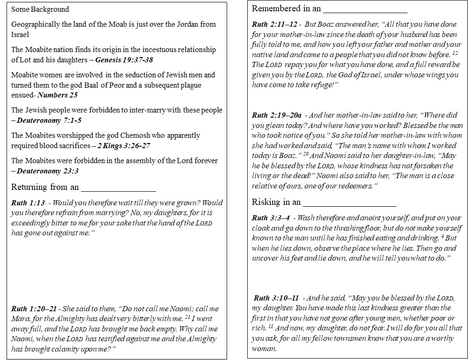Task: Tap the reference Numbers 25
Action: [x=57, y=95]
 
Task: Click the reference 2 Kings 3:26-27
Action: [x=124, y=146]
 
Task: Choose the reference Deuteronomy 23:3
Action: [x=45, y=171]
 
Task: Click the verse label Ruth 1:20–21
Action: [x=34, y=309]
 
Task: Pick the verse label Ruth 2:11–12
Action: [x=274, y=23]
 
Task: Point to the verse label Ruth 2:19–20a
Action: [x=276, y=115]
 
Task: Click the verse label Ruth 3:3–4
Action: [x=271, y=217]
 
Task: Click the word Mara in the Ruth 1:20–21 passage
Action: [x=21, y=319]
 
